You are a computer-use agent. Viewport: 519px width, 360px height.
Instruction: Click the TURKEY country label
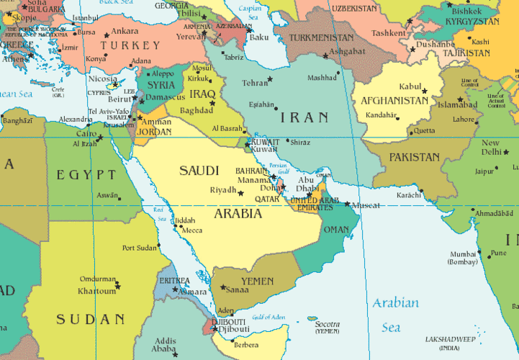coord(130,45)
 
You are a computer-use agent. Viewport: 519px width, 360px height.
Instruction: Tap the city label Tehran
coord(255,82)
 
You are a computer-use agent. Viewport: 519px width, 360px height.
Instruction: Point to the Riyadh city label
coord(222,191)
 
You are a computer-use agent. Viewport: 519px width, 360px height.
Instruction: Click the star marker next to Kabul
coord(425,89)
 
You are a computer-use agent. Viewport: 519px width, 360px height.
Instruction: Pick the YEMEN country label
coord(257,280)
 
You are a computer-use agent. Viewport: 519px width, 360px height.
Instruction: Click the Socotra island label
coord(328,324)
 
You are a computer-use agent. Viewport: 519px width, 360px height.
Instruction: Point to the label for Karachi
coord(410,195)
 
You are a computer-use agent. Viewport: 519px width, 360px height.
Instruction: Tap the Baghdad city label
coord(197,110)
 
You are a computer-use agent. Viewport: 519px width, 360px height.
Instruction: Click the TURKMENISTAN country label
coord(322,37)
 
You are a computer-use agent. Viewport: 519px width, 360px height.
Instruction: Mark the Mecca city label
coord(191,230)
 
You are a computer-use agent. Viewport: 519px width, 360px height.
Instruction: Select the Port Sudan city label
coord(139,248)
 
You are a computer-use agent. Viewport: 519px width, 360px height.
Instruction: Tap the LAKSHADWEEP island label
coord(454,338)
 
